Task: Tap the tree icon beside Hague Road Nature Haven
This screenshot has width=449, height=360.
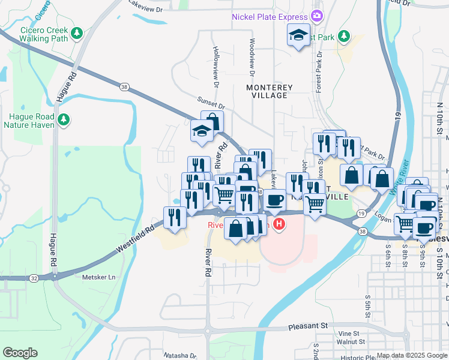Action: (x=64, y=121)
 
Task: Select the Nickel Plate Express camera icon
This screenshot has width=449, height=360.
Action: (x=318, y=17)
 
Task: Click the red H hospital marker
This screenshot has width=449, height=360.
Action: (x=279, y=225)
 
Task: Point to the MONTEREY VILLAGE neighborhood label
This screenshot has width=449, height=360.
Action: (x=270, y=91)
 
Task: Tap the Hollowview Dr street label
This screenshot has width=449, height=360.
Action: (x=214, y=64)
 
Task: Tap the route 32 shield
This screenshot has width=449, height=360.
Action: (x=34, y=278)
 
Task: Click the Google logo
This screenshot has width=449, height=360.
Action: (x=20, y=352)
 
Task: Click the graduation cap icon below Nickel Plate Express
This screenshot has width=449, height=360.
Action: (x=298, y=35)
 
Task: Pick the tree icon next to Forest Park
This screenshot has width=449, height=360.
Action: (x=344, y=37)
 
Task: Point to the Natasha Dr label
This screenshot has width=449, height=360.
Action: (x=171, y=355)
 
